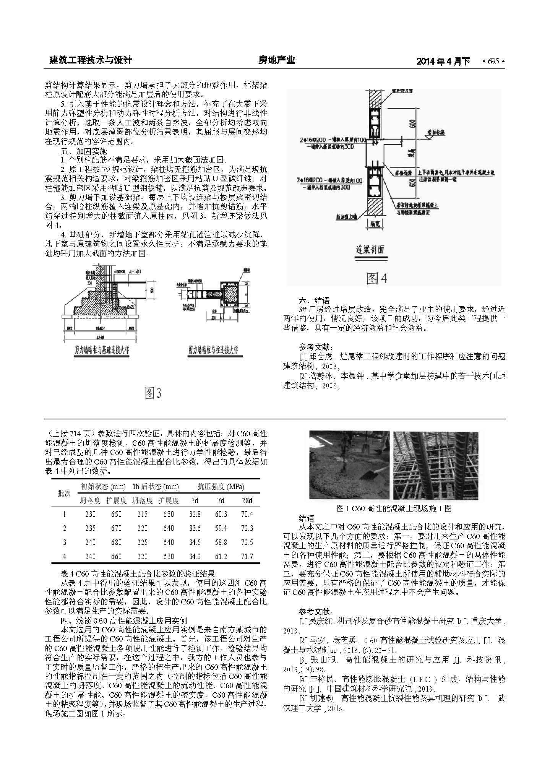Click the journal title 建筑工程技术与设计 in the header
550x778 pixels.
tap(91, 60)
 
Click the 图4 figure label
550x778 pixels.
tap(377, 278)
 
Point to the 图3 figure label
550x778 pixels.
tap(153, 393)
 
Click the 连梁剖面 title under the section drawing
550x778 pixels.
tap(370, 250)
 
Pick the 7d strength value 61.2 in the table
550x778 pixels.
tap(221, 556)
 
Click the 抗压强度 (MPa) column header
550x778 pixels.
tap(221, 487)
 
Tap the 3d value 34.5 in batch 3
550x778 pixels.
tap(195, 542)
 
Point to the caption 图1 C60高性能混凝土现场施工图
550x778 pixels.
tap(394, 508)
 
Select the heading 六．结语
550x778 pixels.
tap(314, 300)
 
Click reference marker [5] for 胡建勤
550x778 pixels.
tap(303, 698)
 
